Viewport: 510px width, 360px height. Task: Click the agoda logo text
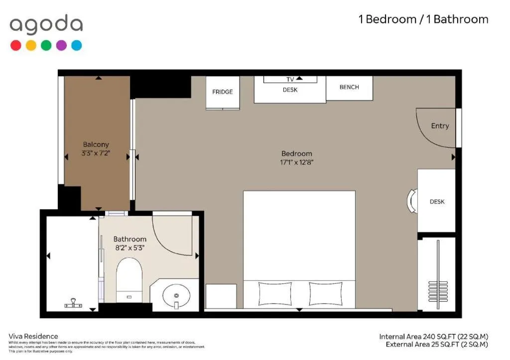[x=46, y=25]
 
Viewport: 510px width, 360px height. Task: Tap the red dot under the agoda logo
[x=16, y=45]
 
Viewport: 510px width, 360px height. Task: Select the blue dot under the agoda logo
[x=76, y=45]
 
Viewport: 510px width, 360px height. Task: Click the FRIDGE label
[x=222, y=92]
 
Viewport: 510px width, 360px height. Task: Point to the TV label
[x=290, y=80]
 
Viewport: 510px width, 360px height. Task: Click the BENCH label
[x=349, y=87]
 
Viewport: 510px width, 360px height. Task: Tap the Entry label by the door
[x=440, y=126]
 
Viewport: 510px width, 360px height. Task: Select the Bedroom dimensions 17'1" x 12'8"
[x=297, y=162]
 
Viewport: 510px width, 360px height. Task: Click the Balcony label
[x=96, y=144]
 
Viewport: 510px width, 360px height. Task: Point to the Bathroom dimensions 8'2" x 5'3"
[x=129, y=247]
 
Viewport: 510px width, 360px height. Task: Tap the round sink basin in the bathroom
[x=176, y=295]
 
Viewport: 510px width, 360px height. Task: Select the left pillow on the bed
[x=275, y=293]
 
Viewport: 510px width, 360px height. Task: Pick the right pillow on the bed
[x=326, y=293]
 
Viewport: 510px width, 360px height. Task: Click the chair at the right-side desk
[x=412, y=201]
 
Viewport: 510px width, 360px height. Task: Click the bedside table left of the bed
[x=221, y=296]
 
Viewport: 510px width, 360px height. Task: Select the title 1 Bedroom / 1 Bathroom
[x=423, y=19]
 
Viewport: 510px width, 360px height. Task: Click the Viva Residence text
[x=33, y=336]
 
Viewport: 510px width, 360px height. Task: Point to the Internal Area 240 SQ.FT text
[x=433, y=337]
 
